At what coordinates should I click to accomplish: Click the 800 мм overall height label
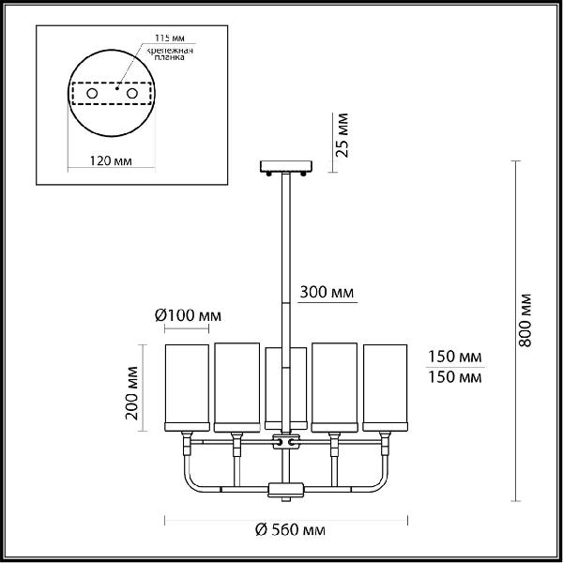[x=525, y=320]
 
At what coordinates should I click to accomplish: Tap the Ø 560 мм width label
[x=290, y=529]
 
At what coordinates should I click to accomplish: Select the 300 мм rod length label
[x=327, y=292]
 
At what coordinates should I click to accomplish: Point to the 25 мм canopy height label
[x=342, y=135]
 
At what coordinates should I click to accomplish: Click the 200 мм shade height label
[x=131, y=393]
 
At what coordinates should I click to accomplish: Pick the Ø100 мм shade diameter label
[x=188, y=315]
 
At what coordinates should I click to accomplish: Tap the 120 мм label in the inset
[x=111, y=160]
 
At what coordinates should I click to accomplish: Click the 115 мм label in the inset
[x=170, y=38]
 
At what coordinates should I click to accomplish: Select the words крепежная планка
[x=170, y=53]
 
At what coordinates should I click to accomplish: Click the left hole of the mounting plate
[x=92, y=93]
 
